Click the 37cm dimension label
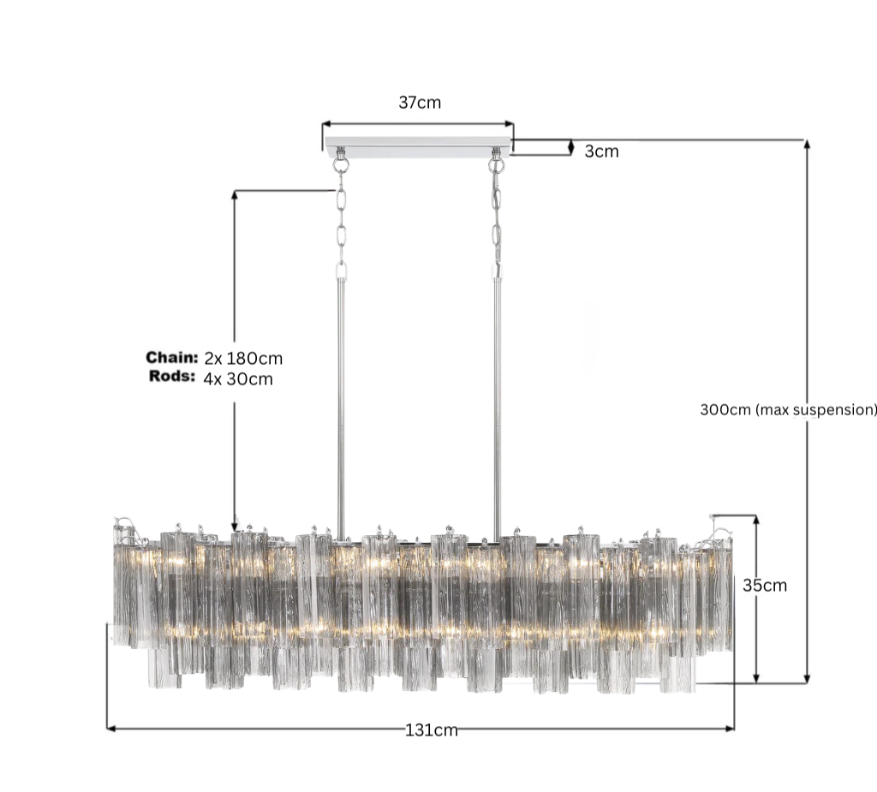tap(420, 103)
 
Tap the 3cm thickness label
tap(602, 152)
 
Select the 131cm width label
tap(432, 730)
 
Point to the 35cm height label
tap(765, 586)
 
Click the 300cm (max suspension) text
tap(788, 410)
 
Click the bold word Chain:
tap(171, 357)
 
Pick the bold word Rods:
tap(171, 377)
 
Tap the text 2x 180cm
tap(243, 359)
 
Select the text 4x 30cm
tap(238, 379)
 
